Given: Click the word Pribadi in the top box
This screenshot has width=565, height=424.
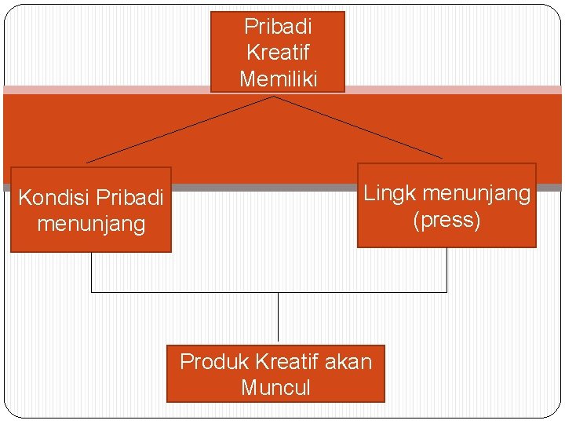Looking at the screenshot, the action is (278, 27).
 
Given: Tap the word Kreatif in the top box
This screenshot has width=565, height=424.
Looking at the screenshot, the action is (278, 53).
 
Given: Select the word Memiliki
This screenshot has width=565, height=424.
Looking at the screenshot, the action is (278, 79).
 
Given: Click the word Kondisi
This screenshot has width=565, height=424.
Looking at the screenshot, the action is (53, 197).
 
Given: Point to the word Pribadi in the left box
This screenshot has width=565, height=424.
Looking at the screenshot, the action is (129, 197).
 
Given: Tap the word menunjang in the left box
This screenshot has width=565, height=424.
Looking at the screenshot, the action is (91, 224).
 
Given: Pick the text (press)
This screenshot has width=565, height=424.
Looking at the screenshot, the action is (447, 220).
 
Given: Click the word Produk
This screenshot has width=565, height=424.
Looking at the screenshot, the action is (213, 361).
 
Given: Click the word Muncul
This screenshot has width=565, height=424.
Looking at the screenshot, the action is (275, 387).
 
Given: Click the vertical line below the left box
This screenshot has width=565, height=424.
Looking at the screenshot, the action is (92, 272).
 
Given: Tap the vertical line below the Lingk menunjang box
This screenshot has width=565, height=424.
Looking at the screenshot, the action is (447, 269).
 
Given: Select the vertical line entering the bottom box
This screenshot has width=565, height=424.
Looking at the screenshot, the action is (278, 318).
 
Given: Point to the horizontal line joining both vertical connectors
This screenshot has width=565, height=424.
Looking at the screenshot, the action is (188, 292).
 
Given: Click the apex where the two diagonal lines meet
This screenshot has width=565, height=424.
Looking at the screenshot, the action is (273, 97).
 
